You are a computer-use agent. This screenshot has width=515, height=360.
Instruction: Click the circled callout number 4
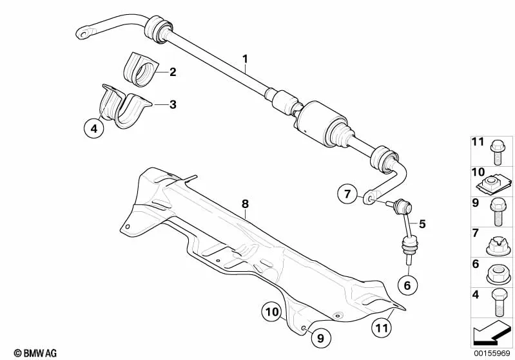(x=94, y=128)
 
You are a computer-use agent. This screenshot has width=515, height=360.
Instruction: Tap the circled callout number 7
(x=347, y=194)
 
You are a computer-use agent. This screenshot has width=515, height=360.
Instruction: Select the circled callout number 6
(x=407, y=285)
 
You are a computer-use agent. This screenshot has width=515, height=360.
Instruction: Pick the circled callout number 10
(x=272, y=312)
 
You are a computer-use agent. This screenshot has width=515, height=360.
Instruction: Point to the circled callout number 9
(x=320, y=337)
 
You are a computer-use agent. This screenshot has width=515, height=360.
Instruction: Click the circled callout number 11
(x=382, y=328)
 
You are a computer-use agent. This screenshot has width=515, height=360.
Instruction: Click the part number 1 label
(x=245, y=59)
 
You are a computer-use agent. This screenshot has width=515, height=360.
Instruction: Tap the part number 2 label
(x=173, y=72)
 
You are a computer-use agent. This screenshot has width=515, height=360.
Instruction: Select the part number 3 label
(x=173, y=105)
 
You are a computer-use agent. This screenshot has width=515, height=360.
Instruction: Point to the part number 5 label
(x=422, y=224)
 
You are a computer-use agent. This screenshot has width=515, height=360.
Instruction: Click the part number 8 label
(x=246, y=204)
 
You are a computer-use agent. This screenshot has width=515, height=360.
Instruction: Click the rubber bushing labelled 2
(x=141, y=70)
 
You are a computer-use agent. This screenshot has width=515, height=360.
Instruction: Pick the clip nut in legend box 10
(x=494, y=186)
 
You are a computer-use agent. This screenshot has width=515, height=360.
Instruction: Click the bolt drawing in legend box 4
(x=499, y=303)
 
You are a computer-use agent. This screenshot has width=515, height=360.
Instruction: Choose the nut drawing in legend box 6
(x=499, y=273)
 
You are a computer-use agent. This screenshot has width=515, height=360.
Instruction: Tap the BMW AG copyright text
(x=35, y=353)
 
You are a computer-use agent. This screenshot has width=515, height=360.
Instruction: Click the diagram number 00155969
(x=491, y=353)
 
